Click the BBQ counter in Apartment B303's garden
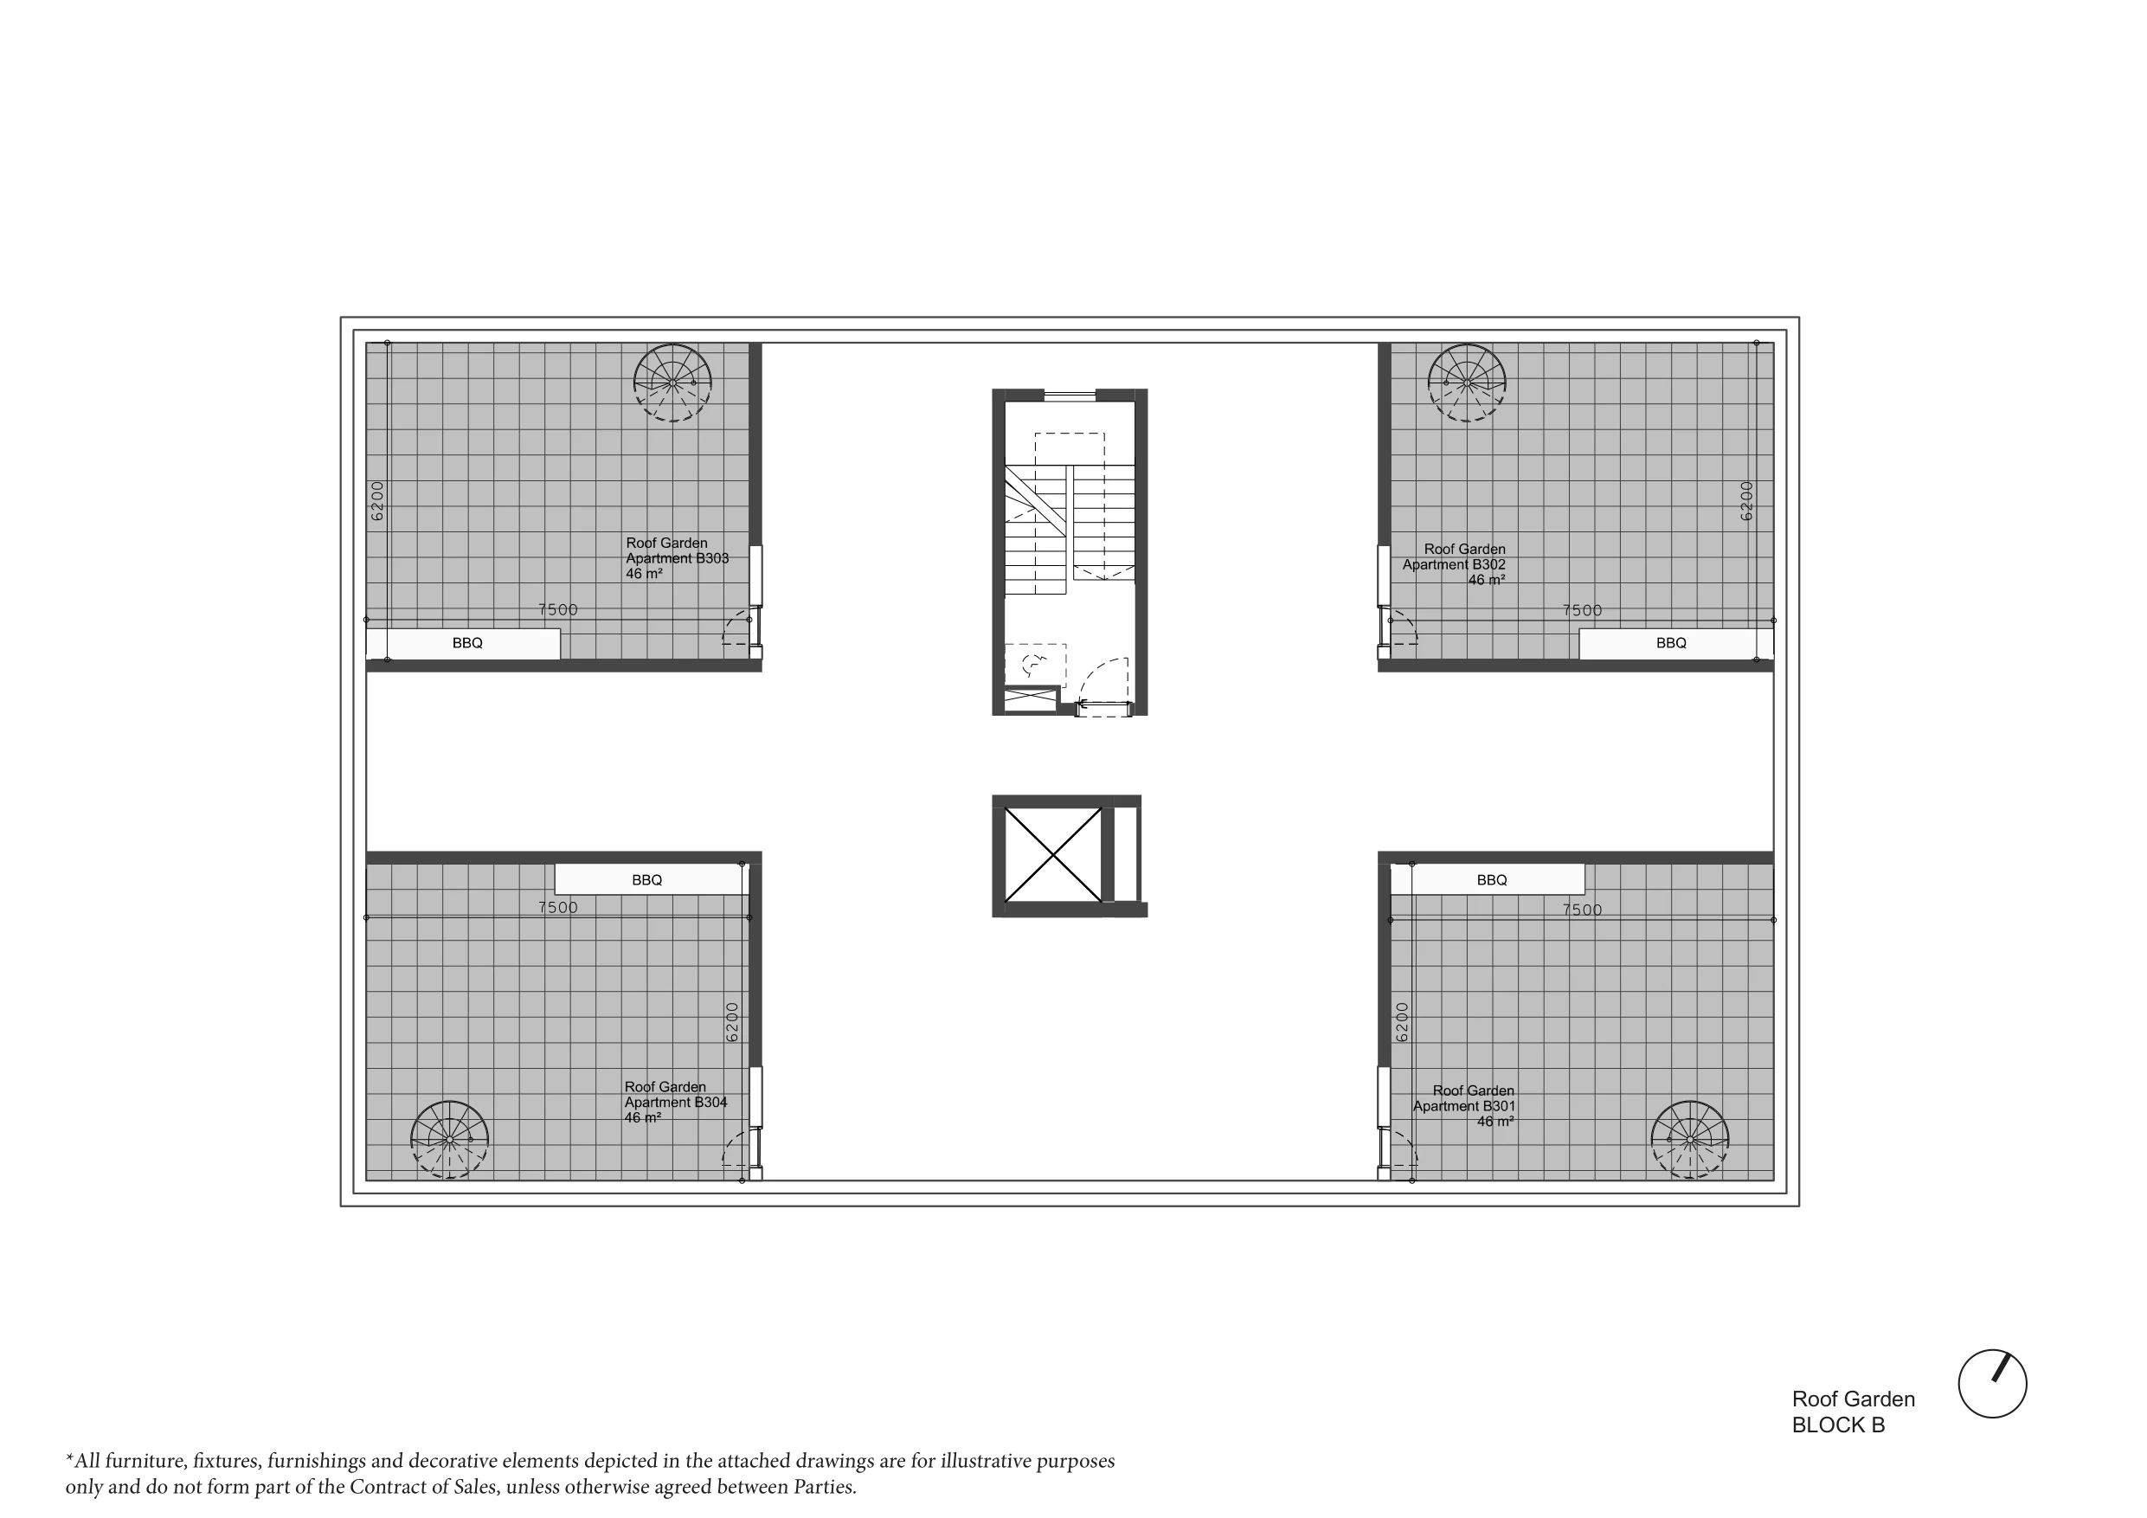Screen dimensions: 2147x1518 (x=463, y=644)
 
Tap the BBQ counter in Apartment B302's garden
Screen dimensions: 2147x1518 (x=1675, y=644)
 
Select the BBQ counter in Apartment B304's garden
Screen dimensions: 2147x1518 (x=652, y=879)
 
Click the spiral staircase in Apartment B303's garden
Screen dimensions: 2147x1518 (x=672, y=383)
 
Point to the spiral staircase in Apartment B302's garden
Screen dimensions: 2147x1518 (x=1467, y=383)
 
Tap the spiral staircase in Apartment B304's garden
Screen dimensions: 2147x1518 (x=450, y=1139)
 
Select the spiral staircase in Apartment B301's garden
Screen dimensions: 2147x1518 (x=1690, y=1139)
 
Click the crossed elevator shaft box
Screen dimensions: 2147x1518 (x=1053, y=855)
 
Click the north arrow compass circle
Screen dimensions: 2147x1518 (x=1992, y=1383)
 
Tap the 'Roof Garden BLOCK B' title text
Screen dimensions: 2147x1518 (x=1853, y=1412)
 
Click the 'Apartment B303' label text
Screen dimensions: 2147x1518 (x=677, y=558)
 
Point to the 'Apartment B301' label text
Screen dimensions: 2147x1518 (x=1463, y=1105)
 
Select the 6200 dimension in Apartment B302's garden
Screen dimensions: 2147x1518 (x=1745, y=500)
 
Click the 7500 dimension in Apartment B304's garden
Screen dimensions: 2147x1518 (x=558, y=907)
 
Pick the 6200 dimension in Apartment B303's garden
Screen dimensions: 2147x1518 (x=376, y=500)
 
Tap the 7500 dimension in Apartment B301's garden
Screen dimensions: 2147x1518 (x=1582, y=910)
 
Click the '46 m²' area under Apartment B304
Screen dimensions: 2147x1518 (x=643, y=1117)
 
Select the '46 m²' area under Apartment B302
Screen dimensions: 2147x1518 (x=1487, y=580)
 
